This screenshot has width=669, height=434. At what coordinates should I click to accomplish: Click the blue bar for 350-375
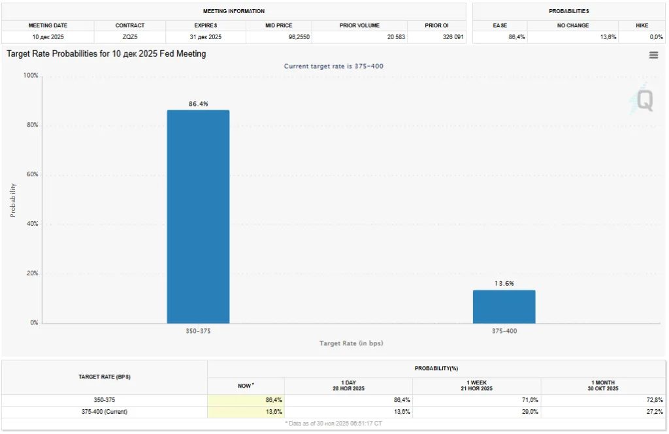click(198, 216)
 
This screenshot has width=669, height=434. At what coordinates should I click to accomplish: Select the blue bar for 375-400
click(504, 306)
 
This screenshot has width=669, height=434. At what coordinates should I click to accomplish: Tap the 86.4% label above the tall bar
click(198, 104)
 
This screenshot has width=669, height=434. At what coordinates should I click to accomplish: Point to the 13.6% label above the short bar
click(504, 283)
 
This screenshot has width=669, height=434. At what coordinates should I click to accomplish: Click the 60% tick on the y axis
click(31, 175)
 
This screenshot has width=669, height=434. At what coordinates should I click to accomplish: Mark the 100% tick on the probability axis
click(30, 76)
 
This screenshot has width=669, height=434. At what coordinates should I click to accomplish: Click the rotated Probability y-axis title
click(12, 200)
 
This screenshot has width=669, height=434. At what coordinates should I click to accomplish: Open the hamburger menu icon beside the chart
click(653, 55)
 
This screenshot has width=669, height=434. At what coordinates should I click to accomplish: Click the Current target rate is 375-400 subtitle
click(338, 66)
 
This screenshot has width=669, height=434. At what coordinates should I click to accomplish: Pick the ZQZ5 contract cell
click(130, 37)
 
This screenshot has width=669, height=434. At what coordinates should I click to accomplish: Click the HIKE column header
click(642, 25)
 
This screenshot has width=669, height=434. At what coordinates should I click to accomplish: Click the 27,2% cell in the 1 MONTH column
click(655, 412)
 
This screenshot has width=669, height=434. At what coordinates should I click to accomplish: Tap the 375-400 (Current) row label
click(105, 412)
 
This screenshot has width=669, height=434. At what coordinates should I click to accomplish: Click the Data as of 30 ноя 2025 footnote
click(334, 424)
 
